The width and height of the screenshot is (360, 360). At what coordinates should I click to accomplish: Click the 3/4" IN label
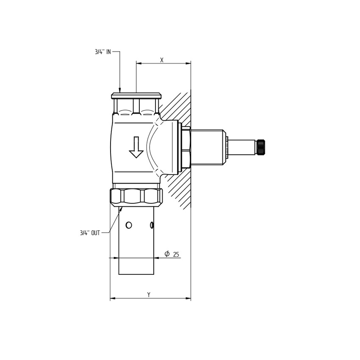pos(103,52)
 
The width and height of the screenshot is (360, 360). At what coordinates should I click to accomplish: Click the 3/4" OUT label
pos(90,233)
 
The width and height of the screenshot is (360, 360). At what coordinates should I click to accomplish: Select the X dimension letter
pos(162,60)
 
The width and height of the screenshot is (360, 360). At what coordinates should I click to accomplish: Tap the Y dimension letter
pos(149,295)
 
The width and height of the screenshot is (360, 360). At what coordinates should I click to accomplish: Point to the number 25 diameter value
pos(176,255)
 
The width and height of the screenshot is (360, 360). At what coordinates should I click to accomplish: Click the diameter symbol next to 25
pos(167,254)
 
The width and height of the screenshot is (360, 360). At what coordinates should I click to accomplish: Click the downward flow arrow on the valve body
pos(136,147)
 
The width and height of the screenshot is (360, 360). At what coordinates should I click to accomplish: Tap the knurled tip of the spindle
pos(260,147)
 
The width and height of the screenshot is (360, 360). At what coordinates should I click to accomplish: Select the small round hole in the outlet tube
pos(129,225)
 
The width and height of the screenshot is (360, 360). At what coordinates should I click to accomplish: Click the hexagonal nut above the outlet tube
pos(136,196)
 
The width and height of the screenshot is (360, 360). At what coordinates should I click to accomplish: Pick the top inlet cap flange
pos(136,96)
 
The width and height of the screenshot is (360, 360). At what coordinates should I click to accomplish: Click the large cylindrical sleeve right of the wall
pos(207,147)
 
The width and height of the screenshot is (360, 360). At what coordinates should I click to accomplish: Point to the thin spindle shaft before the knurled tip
pos(241,147)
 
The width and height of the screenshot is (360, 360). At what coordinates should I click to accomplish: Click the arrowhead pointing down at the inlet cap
pos(120,90)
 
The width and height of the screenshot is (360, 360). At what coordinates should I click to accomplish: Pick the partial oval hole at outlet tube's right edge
pos(152,225)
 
